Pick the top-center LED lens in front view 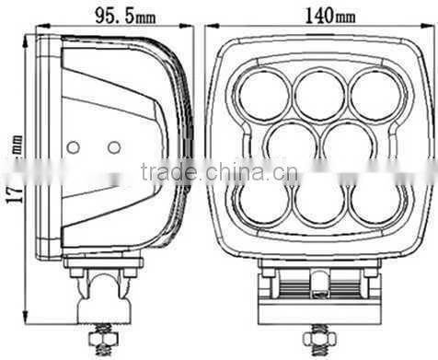point(318,93)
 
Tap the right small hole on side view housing point(113,146)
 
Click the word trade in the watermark point(163,172)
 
